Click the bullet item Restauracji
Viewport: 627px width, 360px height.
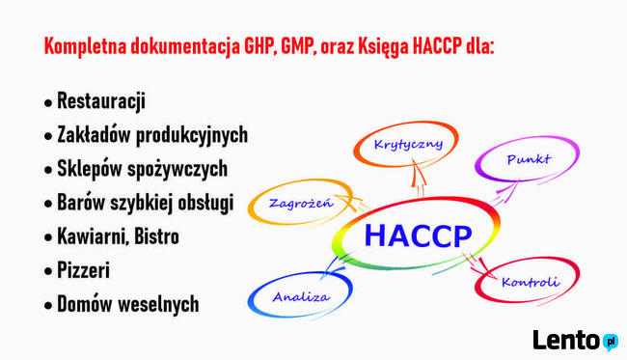tap(100, 101)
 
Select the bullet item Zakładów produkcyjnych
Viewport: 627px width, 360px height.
tap(151, 135)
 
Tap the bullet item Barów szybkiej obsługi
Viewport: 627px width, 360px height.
tap(145, 203)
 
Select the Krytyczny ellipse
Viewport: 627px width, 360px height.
tap(408, 146)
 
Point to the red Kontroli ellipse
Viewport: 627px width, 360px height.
tap(530, 282)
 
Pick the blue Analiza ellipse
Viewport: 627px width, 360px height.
tap(300, 295)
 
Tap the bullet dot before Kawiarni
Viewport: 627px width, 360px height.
tap(48, 237)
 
